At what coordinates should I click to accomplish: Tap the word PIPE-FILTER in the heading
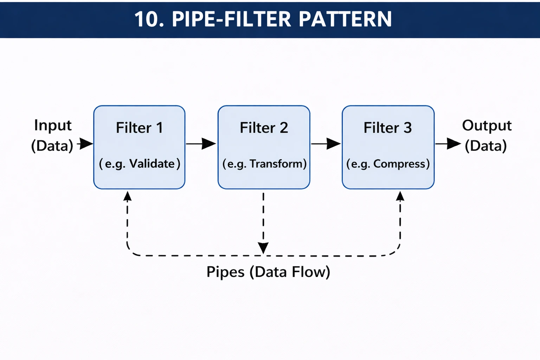231,19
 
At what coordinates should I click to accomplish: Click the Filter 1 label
139,128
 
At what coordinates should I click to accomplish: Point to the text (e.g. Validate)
139,164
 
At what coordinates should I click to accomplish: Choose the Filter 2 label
264,128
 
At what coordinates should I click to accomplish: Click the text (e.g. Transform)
264,164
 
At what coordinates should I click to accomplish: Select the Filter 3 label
387,128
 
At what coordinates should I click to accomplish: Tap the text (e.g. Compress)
388,164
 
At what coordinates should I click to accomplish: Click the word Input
53,126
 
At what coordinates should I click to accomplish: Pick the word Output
487,126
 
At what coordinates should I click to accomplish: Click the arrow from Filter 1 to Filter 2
201,143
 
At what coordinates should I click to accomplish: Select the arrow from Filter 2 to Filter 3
326,143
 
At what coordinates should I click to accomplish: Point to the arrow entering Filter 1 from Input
85,143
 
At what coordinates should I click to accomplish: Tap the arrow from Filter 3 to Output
448,143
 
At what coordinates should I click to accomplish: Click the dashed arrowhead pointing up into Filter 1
127,196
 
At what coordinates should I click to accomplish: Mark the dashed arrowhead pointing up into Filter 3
400,196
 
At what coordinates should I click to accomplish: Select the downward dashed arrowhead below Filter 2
263,248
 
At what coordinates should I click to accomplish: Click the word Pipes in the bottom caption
225,272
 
